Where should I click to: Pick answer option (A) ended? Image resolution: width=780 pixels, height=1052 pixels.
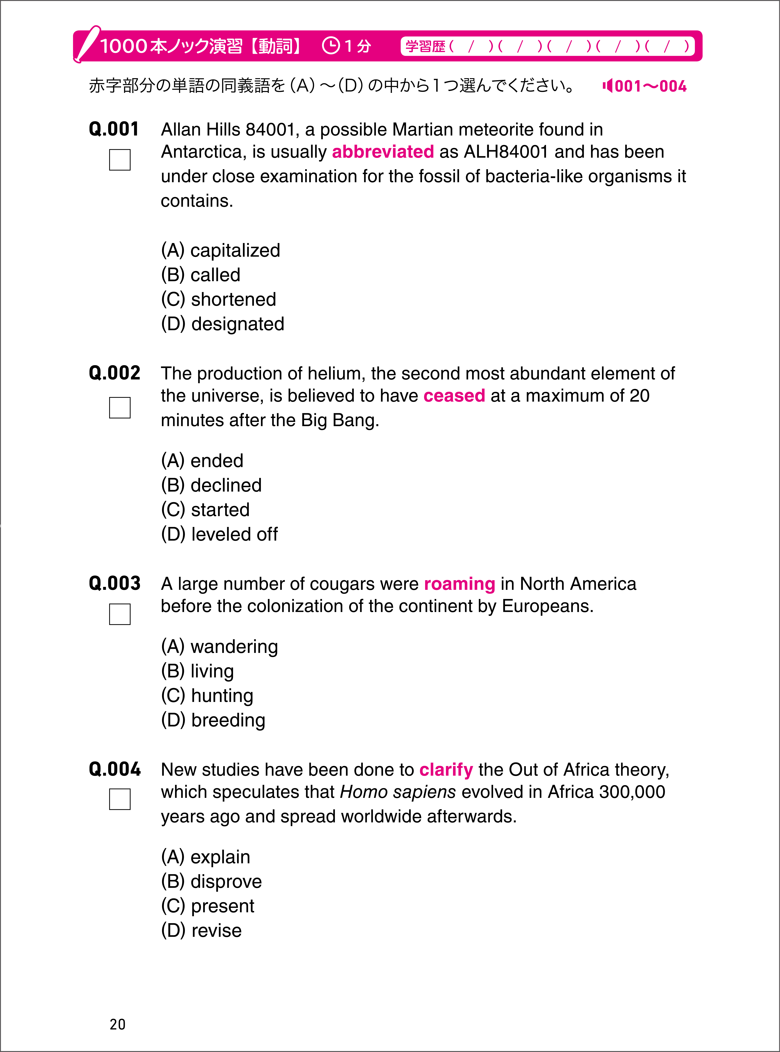[x=202, y=461]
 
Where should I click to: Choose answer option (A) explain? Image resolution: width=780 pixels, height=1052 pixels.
[x=205, y=857]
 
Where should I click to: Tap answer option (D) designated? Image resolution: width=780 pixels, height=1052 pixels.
[x=222, y=324]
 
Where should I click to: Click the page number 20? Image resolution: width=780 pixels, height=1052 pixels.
[x=118, y=1024]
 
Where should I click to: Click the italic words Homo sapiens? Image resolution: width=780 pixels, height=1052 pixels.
[x=398, y=792]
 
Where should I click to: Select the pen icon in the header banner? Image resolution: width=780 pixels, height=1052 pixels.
[x=88, y=43]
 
